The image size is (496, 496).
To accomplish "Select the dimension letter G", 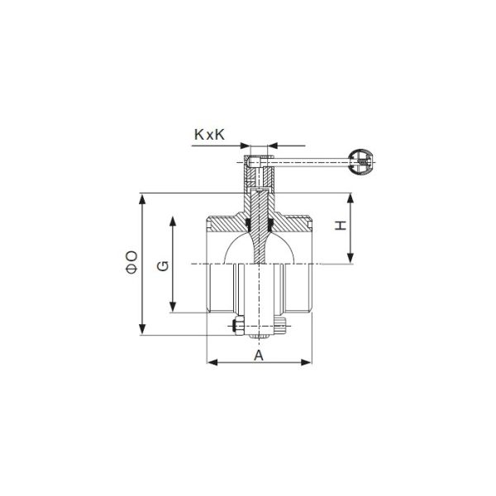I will point(163,265).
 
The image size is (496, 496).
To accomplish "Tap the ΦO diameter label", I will point(131,262).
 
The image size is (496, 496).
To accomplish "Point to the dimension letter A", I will point(258,355).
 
